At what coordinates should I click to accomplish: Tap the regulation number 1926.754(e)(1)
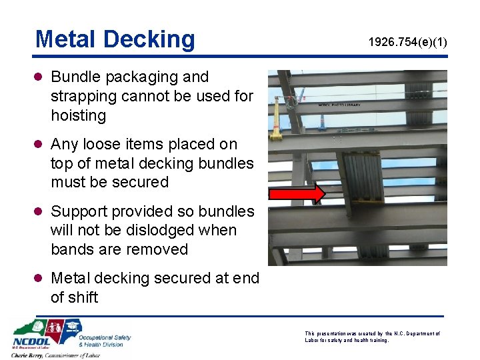click(408, 43)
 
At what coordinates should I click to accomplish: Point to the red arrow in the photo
click(297, 193)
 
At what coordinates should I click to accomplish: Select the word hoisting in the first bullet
click(79, 115)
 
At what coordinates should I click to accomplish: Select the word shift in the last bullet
click(82, 297)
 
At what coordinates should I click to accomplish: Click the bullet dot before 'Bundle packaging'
click(40, 78)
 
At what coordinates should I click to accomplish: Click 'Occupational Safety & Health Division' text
click(105, 340)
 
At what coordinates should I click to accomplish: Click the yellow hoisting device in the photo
click(274, 123)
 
